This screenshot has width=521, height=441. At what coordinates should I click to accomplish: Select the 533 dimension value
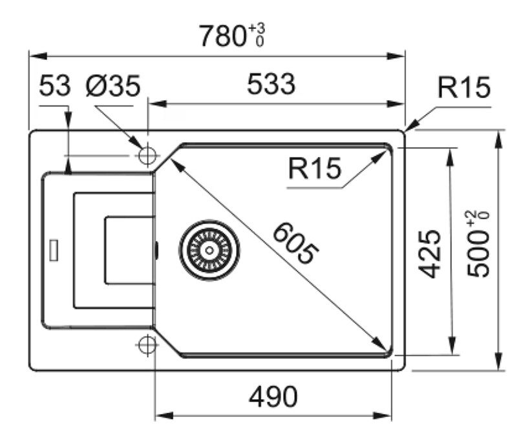click(x=271, y=84)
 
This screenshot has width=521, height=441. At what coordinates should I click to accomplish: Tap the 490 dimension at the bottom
click(x=273, y=397)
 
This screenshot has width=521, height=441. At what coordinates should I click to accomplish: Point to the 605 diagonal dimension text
click(x=295, y=243)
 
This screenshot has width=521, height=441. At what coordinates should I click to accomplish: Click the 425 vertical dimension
click(x=429, y=254)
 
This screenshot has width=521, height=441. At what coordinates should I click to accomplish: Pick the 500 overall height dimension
click(x=478, y=254)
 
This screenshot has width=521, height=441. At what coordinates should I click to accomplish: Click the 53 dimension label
click(x=55, y=85)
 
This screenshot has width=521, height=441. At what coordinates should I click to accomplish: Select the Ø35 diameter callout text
click(x=113, y=86)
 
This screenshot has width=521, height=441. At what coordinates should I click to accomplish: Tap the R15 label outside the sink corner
click(x=464, y=87)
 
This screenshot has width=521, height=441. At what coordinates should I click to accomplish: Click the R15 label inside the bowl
click(x=315, y=169)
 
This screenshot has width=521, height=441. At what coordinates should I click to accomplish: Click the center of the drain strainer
click(x=209, y=250)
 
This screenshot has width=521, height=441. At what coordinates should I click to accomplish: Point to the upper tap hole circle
click(x=147, y=155)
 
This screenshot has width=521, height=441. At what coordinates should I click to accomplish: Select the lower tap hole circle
click(x=147, y=344)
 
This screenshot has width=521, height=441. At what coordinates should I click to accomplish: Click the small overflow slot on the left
click(x=54, y=250)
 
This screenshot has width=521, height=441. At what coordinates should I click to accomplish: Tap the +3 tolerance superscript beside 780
click(x=257, y=28)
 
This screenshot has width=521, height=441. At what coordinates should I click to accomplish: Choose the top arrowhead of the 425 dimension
click(x=451, y=157)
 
